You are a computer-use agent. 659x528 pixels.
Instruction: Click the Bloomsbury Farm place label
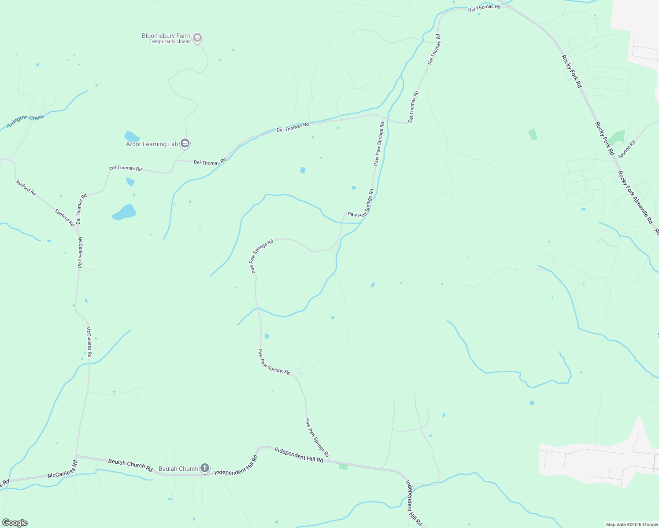point(166,36)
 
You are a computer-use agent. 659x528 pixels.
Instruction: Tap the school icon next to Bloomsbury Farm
point(198,38)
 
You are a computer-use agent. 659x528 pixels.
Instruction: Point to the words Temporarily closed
point(170,42)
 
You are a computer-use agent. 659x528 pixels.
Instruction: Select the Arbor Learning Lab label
point(152,144)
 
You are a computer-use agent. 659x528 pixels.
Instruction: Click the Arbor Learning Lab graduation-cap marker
point(185,143)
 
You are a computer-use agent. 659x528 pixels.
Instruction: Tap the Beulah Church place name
point(178,469)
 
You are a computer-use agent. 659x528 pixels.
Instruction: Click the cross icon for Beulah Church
point(205,468)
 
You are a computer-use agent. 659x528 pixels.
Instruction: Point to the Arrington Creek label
point(26,121)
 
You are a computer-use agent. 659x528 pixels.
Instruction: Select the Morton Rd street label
point(627,149)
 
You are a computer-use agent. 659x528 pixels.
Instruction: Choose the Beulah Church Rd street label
point(130,465)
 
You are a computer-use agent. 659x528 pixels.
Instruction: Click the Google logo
point(15,523)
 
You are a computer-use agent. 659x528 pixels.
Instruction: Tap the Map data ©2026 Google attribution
point(632,524)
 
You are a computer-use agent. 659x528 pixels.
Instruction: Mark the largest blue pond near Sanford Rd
point(125,212)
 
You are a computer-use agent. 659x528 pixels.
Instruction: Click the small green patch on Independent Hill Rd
point(343,466)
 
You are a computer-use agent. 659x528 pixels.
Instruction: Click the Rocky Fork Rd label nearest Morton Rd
point(604,138)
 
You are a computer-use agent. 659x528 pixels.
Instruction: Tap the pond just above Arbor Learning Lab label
point(132,136)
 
